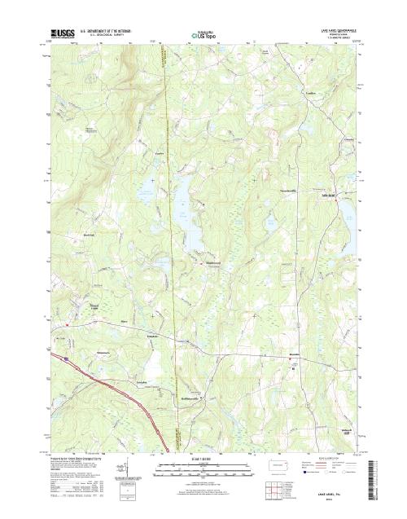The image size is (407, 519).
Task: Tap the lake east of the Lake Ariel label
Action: pyautogui.click(x=347, y=211)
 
